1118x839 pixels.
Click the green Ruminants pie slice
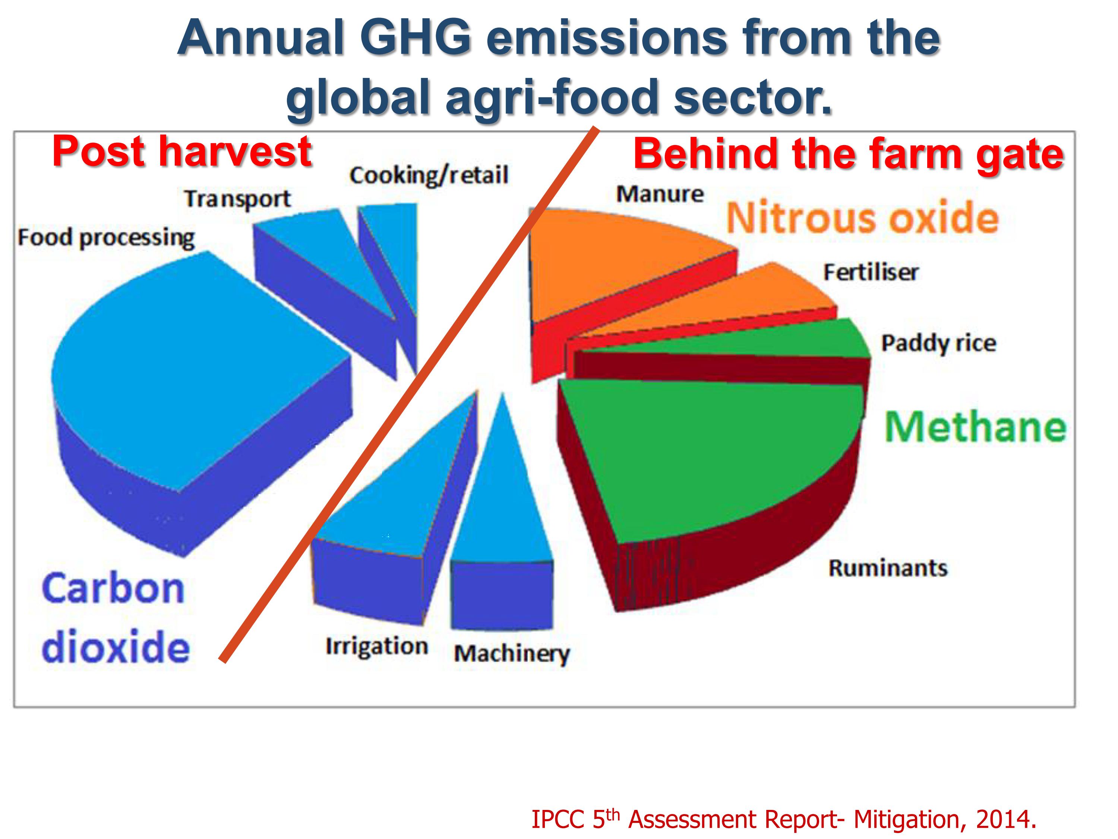pyautogui.click(x=708, y=455)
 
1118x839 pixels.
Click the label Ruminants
pyautogui.click(x=888, y=568)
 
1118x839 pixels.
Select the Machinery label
pyautogui.click(x=512, y=654)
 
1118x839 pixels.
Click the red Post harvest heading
pyautogui.click(x=182, y=151)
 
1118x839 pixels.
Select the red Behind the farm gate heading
pyautogui.click(x=849, y=154)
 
